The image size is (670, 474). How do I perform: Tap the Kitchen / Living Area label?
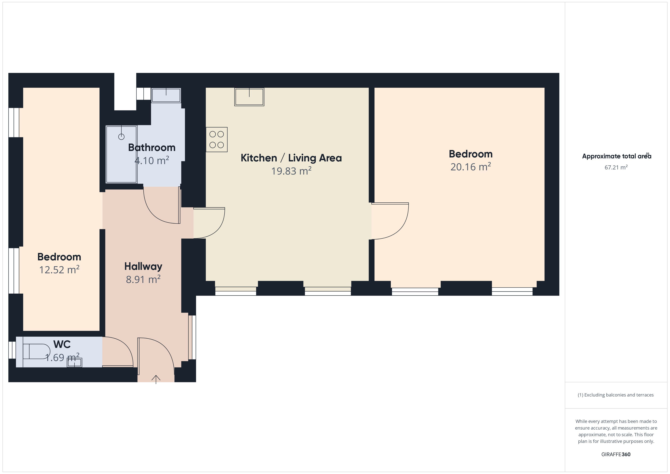point(291,158)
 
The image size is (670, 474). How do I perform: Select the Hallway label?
point(143,266)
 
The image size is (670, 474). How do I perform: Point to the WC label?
point(62,344)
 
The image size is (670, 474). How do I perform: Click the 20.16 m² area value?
point(471,167)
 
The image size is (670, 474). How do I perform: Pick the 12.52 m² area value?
point(59,269)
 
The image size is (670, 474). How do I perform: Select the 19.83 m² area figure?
point(291,171)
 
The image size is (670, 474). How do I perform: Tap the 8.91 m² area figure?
point(143,279)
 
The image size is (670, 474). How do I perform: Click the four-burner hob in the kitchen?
point(216,140)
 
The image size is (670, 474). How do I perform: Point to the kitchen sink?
point(249,97)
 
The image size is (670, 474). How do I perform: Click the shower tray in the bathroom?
point(121,154)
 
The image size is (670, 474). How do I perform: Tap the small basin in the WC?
point(74,363)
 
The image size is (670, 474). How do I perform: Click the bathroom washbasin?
point(166,95)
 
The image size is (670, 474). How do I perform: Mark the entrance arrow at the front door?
point(156,379)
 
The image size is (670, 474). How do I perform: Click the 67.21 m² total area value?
point(616,167)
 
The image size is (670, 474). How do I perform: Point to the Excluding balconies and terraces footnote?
point(616,395)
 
